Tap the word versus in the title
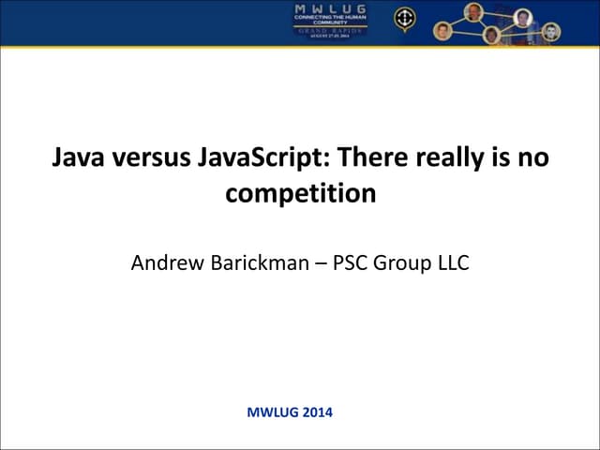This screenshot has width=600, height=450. [x=150, y=157]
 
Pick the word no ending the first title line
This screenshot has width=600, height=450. [x=532, y=157]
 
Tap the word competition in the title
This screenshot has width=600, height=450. [x=300, y=195]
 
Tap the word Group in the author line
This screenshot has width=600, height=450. [x=405, y=262]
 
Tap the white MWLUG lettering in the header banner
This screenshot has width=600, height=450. [x=330, y=9]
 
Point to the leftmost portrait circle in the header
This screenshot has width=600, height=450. [x=443, y=30]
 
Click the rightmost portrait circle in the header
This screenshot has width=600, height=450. [x=552, y=31]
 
